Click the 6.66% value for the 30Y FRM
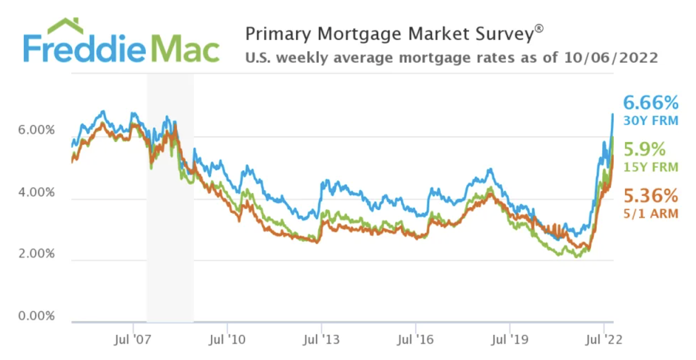[650, 103]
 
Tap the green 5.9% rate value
[644, 149]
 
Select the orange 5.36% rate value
[651, 196]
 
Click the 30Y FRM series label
[651, 121]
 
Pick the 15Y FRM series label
[651, 167]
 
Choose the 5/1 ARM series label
[651, 214]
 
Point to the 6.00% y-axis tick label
[36, 130]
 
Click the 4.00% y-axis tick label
[36, 192]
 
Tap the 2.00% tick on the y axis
[36, 254]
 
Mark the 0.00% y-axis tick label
[36, 316]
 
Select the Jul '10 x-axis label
[227, 340]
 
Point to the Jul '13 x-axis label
[321, 340]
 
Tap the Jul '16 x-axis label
[415, 340]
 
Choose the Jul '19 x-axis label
[509, 340]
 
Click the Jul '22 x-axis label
[604, 340]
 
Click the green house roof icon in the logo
[65, 25]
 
